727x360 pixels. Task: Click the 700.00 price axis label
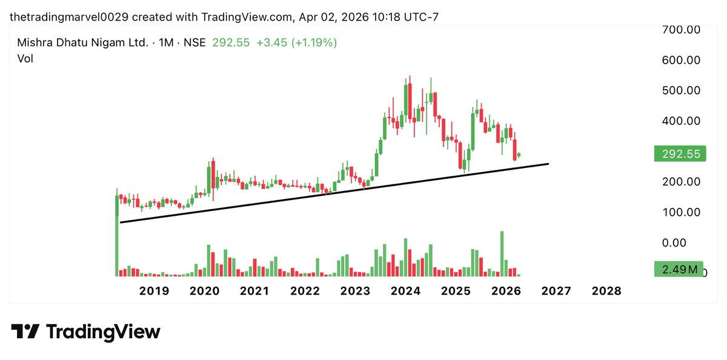(x=680, y=29)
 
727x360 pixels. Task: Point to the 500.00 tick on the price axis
(x=680, y=90)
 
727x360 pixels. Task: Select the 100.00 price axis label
(x=680, y=212)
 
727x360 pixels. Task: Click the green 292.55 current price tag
(x=680, y=155)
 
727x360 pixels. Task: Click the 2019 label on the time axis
(x=154, y=291)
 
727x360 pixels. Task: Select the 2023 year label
(x=355, y=291)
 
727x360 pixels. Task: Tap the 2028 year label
(x=606, y=291)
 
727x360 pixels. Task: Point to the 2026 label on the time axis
(x=506, y=291)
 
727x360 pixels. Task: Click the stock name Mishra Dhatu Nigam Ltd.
(x=82, y=43)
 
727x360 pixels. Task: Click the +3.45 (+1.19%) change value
(x=297, y=43)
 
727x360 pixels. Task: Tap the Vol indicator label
(x=25, y=59)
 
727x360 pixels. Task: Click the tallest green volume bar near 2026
(x=502, y=253)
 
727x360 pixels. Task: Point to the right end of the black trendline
(x=548, y=164)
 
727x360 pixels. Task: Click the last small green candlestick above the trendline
(x=519, y=155)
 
